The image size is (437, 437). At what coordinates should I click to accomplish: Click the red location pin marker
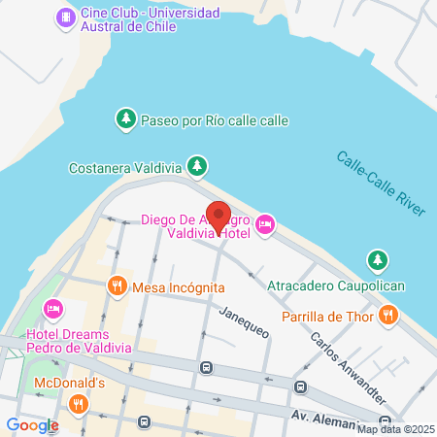[219, 218]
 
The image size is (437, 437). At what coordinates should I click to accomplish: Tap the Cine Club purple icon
[66, 17]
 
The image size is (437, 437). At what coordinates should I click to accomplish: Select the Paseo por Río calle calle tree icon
[125, 119]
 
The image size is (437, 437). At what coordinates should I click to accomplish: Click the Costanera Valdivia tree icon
[197, 167]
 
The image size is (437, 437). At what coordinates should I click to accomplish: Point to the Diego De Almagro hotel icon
[266, 226]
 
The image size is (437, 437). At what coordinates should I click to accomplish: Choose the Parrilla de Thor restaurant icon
[387, 314]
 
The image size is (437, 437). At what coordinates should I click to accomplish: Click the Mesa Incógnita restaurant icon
[117, 286]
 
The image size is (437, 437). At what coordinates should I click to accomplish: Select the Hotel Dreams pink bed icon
[54, 310]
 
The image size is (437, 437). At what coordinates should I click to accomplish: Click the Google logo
[32, 424]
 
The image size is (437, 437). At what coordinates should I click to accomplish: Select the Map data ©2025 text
[395, 428]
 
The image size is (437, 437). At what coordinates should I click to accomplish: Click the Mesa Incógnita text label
[180, 287]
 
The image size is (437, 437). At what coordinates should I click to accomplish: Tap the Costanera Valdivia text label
[126, 167]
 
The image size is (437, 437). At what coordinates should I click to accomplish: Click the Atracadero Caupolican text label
[337, 286]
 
